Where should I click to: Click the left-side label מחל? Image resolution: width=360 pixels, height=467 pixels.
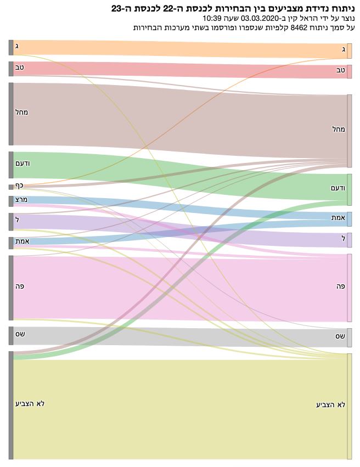[22, 112]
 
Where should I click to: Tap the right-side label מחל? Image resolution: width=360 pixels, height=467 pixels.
[338, 129]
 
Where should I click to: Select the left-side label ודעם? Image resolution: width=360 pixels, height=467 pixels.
[23, 164]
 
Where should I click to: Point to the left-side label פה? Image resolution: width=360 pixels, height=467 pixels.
[20, 286]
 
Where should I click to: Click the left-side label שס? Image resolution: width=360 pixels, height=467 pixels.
[20, 334]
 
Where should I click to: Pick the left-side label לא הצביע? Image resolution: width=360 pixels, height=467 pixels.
[30, 403]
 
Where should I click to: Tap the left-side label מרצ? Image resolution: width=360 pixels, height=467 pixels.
[21, 200]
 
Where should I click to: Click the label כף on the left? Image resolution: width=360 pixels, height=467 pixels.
[19, 185]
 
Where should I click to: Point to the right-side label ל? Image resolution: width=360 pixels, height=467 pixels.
[342, 238]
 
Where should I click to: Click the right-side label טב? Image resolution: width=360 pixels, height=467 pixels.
[340, 70]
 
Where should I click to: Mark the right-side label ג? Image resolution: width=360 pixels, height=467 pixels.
[343, 50]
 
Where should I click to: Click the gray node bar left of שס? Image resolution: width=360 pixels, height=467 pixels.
[11, 335]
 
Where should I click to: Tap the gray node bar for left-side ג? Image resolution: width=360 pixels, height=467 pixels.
[11, 47]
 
